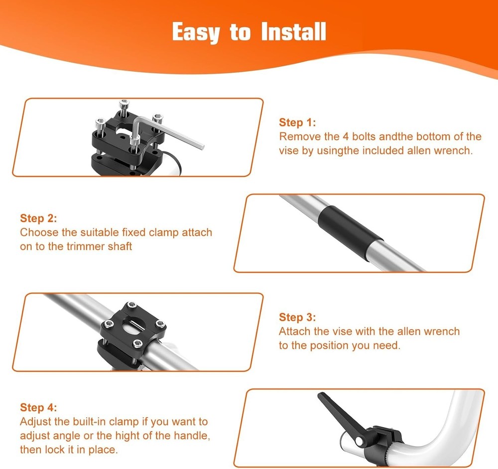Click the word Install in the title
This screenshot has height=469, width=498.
[x=293, y=32]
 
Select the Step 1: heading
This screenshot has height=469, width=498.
[x=297, y=122]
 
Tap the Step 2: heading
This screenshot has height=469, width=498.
[x=38, y=218]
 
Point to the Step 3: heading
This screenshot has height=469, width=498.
[x=297, y=317]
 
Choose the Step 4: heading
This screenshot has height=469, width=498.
[x=38, y=408]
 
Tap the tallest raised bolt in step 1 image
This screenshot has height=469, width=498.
[x=124, y=107]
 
